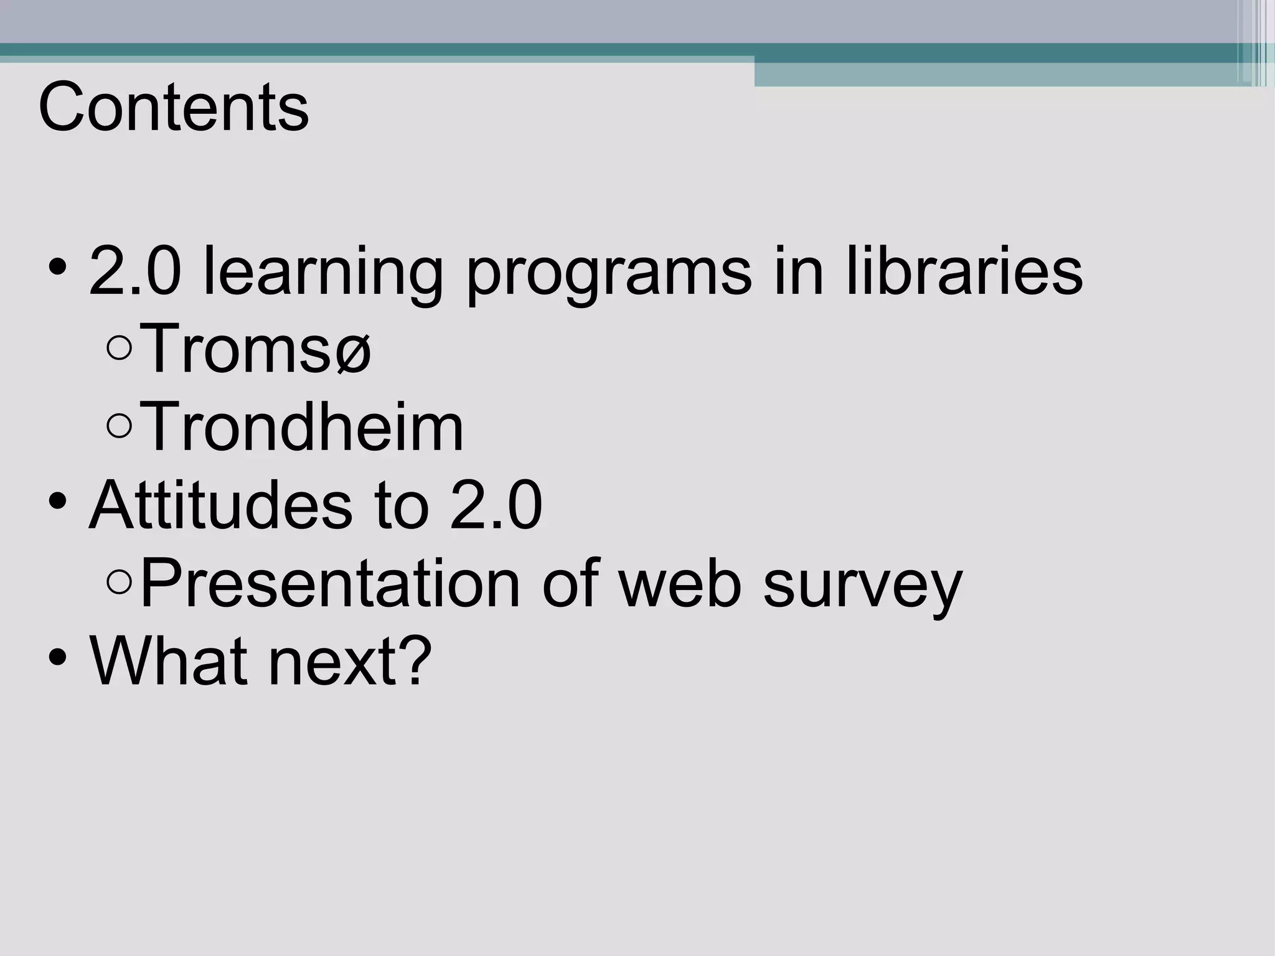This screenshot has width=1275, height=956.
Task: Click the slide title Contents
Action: pos(173,108)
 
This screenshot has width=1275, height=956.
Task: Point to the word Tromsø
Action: pos(255,350)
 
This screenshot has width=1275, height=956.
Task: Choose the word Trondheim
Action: pos(302,428)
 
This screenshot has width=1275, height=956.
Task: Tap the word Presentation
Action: pos(330,584)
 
